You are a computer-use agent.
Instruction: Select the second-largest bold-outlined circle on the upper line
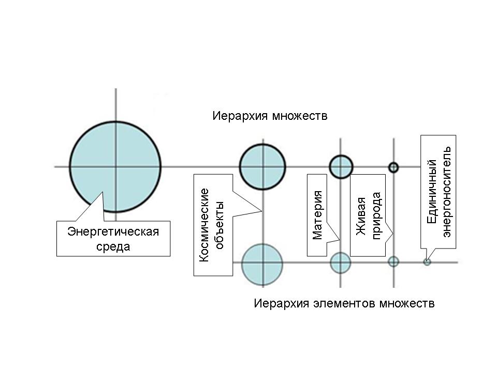[262, 167]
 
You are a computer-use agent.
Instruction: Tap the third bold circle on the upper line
[341, 167]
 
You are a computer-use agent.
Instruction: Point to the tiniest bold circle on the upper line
[393, 167]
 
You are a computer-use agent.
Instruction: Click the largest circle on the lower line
[262, 263]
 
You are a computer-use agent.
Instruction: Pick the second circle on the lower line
[341, 262]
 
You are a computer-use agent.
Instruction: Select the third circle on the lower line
[393, 261]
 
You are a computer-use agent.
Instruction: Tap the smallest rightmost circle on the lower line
[427, 262]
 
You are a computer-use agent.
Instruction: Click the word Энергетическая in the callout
[113, 231]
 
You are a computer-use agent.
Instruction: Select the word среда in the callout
[113, 246]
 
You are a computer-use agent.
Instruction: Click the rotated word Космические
[204, 224]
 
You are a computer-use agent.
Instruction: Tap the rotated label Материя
[317, 215]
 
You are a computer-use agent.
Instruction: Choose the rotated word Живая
[362, 216]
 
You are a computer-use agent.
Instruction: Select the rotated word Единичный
[432, 191]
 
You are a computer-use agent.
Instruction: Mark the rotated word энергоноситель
[447, 191]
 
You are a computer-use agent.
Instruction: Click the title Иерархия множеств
[270, 115]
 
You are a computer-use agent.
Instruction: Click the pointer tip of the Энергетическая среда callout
[101, 192]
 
